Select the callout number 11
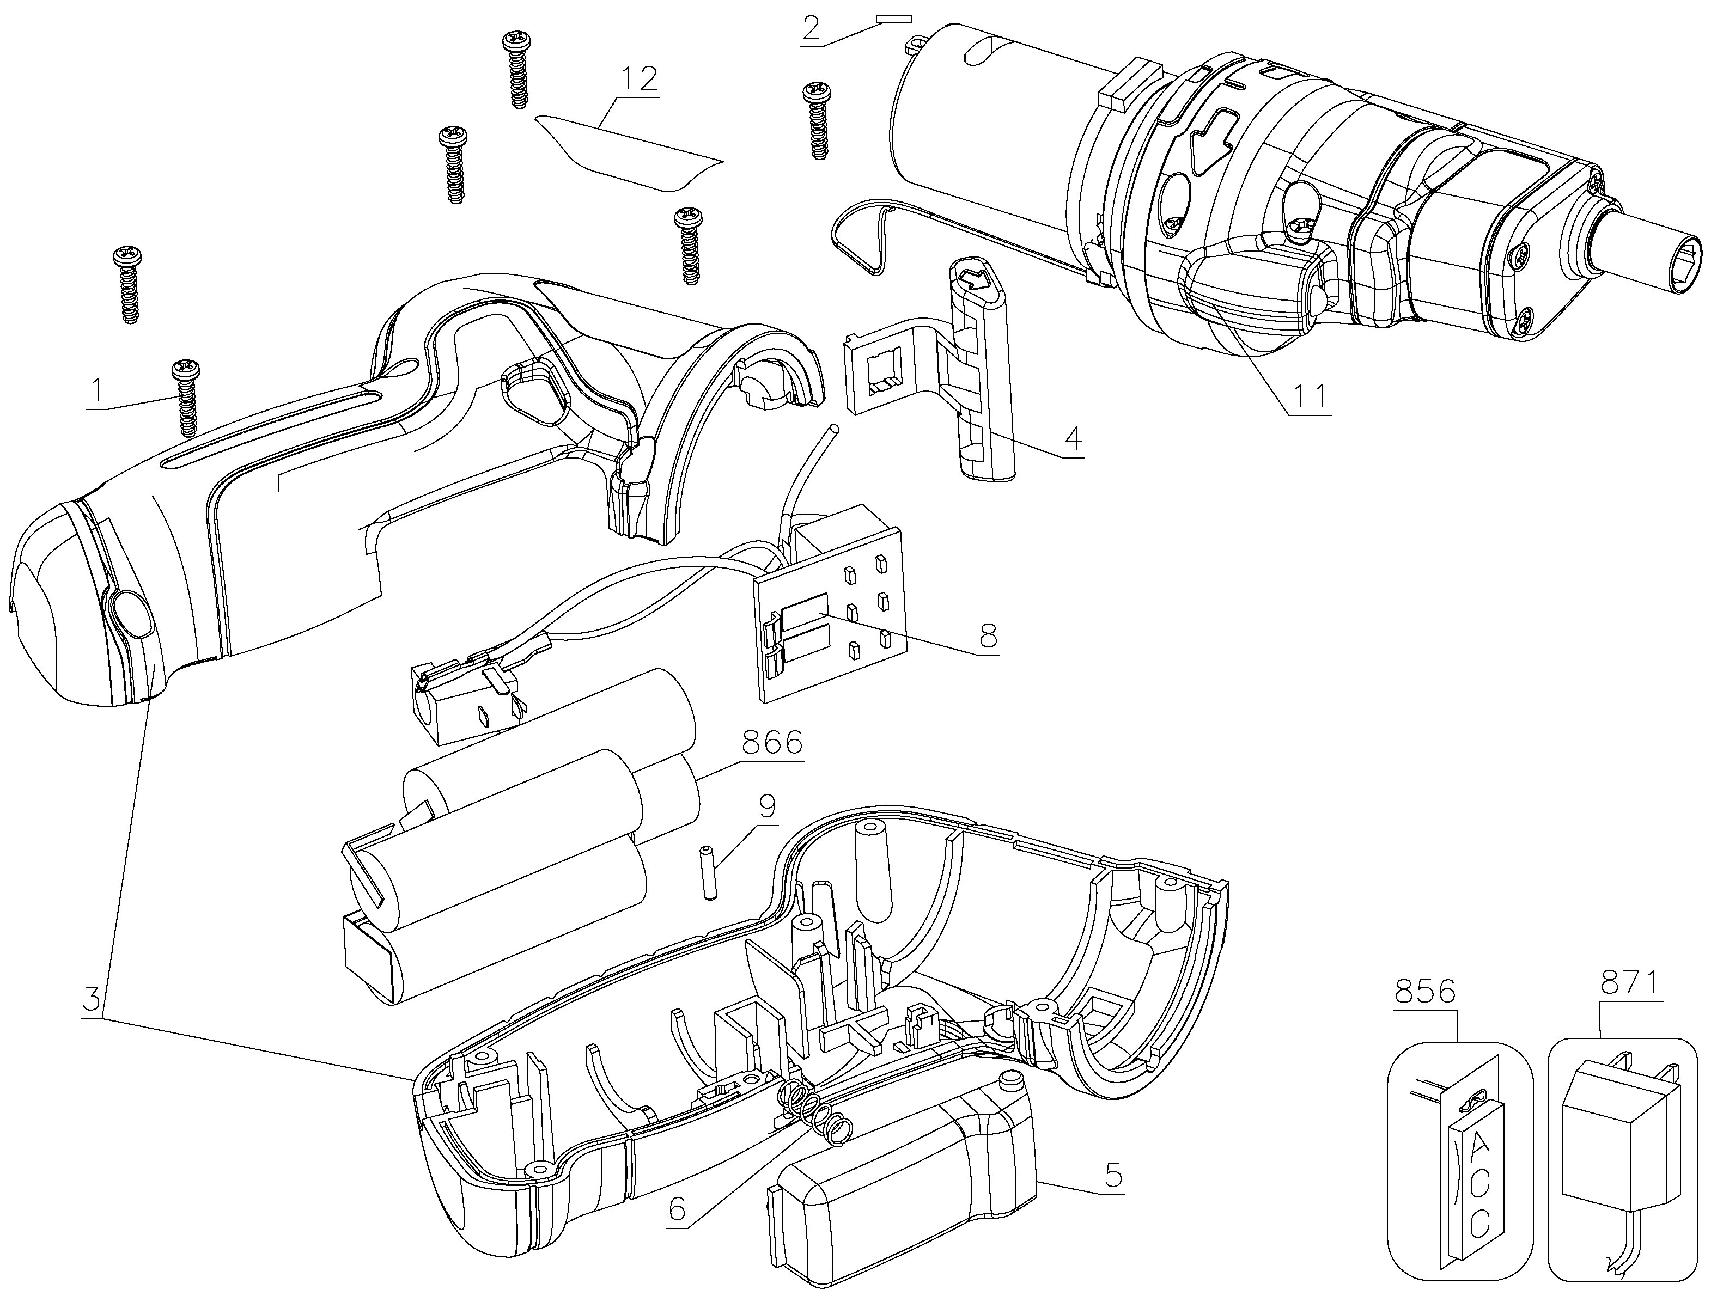[x=1308, y=396]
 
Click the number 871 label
[x=1630, y=984]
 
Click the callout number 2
[x=810, y=27]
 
